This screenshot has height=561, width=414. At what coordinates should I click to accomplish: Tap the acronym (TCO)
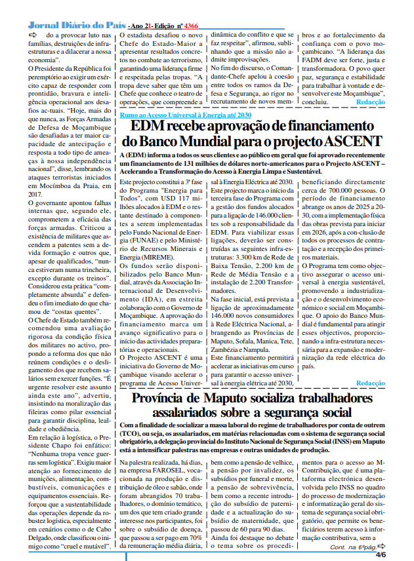[x=131, y=434]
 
